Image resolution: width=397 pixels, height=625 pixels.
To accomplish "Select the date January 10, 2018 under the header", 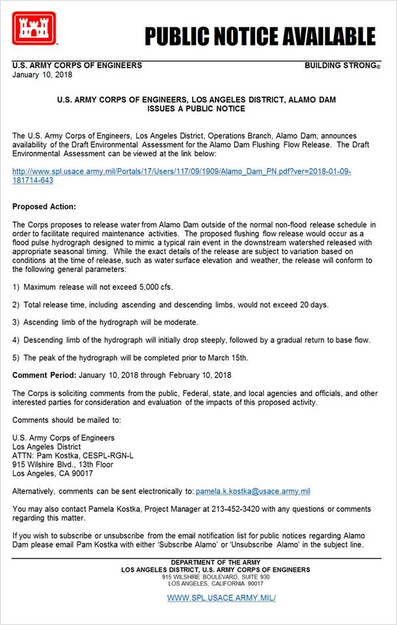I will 42,74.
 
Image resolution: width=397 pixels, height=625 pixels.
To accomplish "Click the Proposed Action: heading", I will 44,206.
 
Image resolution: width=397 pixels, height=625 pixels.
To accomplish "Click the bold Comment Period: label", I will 44,376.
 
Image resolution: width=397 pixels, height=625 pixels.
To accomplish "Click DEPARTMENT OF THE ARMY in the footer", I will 215,562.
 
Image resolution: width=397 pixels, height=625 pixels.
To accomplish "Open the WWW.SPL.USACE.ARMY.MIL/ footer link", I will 221,598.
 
